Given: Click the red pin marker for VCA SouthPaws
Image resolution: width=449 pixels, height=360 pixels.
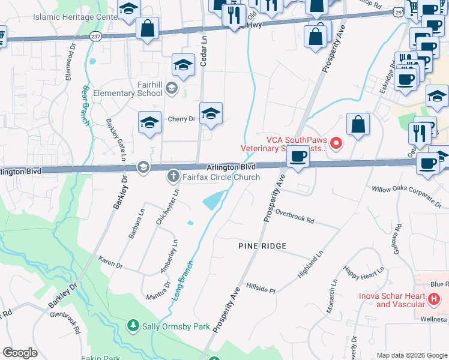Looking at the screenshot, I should click(x=336, y=143).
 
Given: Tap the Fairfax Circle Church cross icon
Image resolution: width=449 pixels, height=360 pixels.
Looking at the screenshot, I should click(x=173, y=177).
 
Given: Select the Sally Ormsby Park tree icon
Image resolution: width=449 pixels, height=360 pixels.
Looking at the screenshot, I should click(x=133, y=326).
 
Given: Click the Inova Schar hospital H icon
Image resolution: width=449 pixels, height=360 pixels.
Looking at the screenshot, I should click(x=433, y=298).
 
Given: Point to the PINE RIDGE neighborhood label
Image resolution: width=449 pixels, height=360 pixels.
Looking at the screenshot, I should click(x=262, y=246).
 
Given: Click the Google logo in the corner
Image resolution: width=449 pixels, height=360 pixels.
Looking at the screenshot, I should click(x=20, y=353).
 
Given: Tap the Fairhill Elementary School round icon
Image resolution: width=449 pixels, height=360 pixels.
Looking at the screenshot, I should click(x=171, y=89).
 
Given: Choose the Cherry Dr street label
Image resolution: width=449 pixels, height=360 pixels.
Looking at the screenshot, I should click(x=181, y=119).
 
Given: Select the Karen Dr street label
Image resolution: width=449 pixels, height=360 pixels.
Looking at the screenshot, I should click(x=110, y=265).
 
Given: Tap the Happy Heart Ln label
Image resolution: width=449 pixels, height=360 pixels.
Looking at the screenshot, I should click(x=363, y=272).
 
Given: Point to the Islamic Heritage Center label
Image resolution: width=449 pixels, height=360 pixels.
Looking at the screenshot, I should click(x=74, y=17).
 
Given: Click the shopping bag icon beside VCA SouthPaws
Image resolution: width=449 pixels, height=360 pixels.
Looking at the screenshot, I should click(x=358, y=125).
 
